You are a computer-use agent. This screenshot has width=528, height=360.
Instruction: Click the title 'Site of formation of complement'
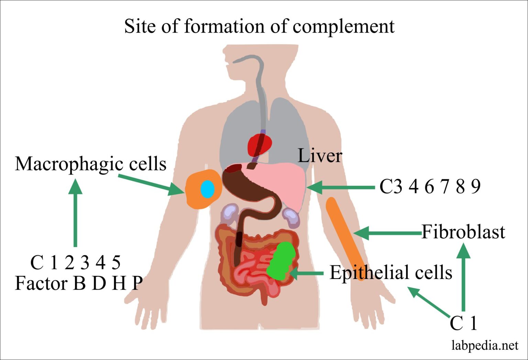tap(259, 26)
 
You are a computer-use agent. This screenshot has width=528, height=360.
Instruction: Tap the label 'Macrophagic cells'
tap(91, 164)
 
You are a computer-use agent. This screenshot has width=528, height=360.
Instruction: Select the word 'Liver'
tap(320, 156)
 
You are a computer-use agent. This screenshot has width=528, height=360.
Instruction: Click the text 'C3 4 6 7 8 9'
tap(430, 187)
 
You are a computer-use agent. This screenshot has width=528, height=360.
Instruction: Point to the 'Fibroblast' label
tap(463, 232)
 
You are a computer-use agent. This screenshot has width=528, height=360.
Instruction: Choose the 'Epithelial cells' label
tap(391, 273)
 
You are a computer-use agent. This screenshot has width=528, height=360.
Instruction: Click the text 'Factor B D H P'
tap(79, 283)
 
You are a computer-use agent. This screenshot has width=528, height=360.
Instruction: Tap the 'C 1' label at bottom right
tap(463, 323)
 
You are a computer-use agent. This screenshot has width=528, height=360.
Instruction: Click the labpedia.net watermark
tap(485, 345)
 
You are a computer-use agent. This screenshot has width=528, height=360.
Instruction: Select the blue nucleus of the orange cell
tap(207, 189)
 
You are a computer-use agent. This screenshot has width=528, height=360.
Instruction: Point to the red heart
tap(260, 145)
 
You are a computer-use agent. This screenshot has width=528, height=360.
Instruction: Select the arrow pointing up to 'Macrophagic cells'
tap(75, 213)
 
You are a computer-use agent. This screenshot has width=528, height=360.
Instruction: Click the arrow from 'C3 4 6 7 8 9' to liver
tap(340, 187)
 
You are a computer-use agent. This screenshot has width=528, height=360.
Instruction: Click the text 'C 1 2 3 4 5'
tap(75, 263)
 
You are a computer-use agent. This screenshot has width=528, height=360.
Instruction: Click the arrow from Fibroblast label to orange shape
tap(387, 233)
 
